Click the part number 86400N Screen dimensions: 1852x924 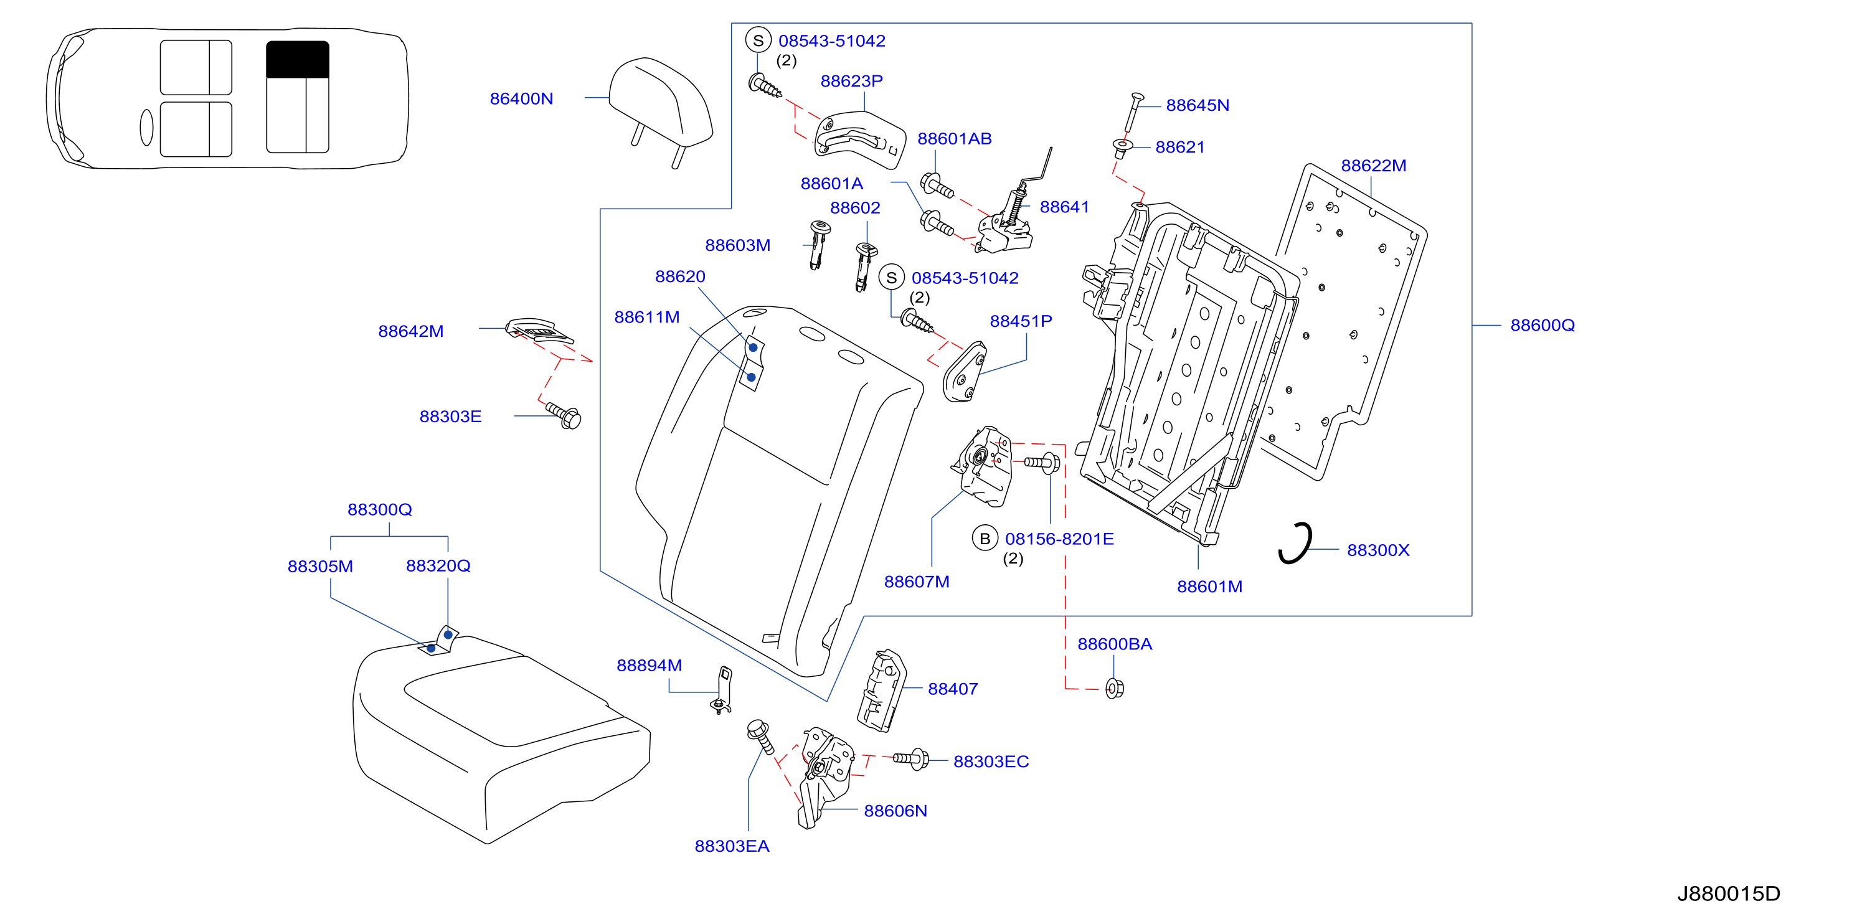pyautogui.click(x=521, y=98)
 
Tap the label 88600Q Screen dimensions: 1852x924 pyautogui.click(x=1542, y=325)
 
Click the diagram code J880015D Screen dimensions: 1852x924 pyautogui.click(x=1728, y=893)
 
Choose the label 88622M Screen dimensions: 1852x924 pyautogui.click(x=1373, y=166)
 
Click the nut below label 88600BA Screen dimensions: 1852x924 pyautogui.click(x=1114, y=688)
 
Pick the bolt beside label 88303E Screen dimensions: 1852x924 pyautogui.click(x=564, y=415)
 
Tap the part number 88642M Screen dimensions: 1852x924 pyautogui.click(x=410, y=331)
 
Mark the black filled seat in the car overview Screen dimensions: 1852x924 pyautogui.click(x=298, y=59)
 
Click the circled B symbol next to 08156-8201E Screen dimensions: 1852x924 pyautogui.click(x=985, y=539)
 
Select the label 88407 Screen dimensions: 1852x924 pyautogui.click(x=953, y=689)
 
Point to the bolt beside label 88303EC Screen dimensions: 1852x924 pyautogui.click(x=910, y=758)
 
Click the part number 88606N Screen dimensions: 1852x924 pyautogui.click(x=895, y=811)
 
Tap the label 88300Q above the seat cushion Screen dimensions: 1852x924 pyautogui.click(x=380, y=510)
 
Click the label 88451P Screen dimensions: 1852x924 pyautogui.click(x=1021, y=321)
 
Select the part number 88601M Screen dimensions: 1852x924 pyautogui.click(x=1209, y=587)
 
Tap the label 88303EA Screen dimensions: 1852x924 pyautogui.click(x=732, y=846)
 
